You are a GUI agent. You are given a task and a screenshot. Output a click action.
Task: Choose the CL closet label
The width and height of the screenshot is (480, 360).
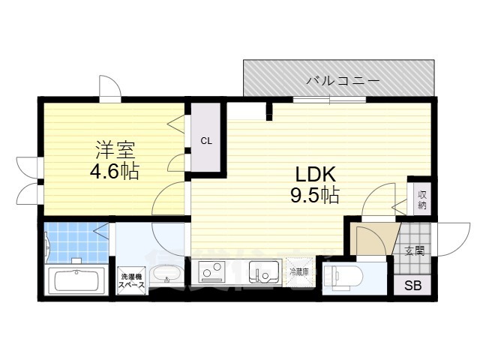coord(205,140)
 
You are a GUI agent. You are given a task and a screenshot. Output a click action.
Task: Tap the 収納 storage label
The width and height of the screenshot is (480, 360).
coord(421,198)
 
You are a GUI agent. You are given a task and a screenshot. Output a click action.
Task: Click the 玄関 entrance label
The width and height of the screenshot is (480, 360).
coord(414,250)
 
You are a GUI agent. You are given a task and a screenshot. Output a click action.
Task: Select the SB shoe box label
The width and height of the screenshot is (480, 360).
coord(413,285)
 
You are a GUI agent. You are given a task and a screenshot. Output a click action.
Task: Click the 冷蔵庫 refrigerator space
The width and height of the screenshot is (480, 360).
coord(300,271)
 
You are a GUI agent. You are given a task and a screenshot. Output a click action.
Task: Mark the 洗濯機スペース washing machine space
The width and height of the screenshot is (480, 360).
coord(130,281)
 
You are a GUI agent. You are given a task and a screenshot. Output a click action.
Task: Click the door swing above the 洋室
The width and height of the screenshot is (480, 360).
coord(109,87)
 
